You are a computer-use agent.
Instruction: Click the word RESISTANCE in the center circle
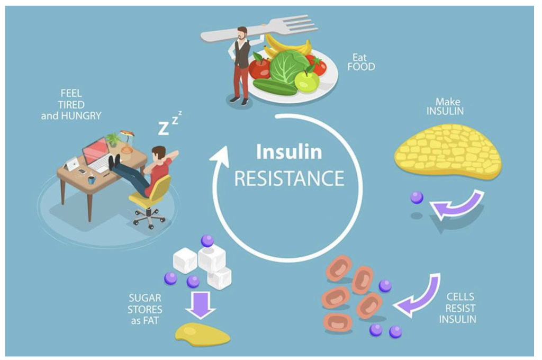click(288, 178)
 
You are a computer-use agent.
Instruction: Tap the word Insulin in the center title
click(288, 152)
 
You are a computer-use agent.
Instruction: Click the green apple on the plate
click(307, 80)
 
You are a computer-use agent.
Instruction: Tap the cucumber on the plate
click(275, 87)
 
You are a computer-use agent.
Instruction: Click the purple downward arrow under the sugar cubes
click(201, 305)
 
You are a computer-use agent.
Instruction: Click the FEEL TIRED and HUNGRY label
click(71, 104)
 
